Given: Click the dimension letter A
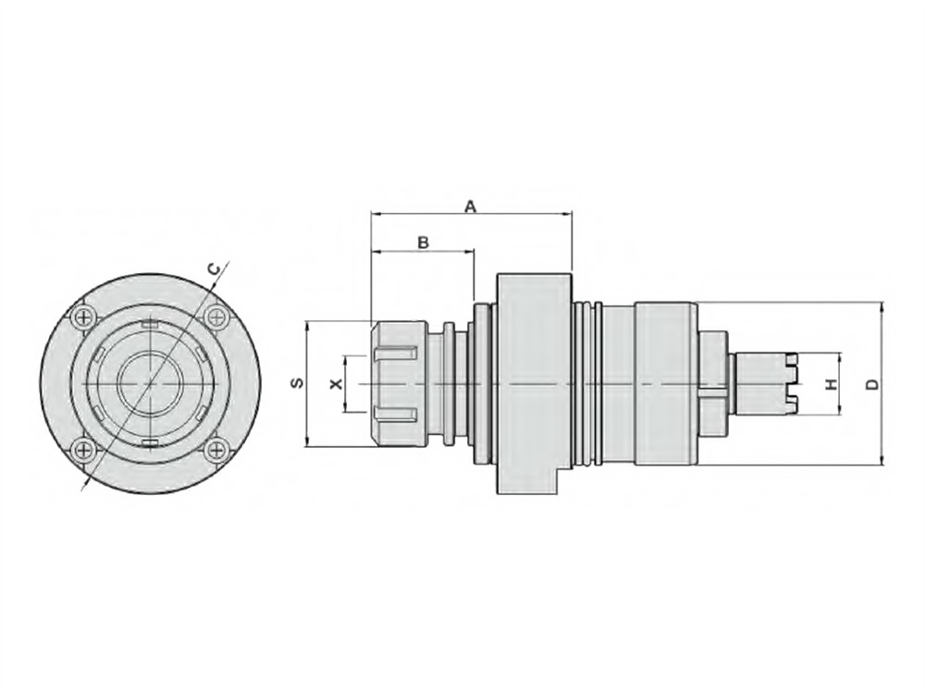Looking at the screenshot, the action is coord(470,206).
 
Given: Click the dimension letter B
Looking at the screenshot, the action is coord(423,242).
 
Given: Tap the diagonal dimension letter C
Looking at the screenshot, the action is coord(215,269).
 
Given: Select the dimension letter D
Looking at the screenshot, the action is coord(873,384).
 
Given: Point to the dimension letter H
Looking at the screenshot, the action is coord(832,385).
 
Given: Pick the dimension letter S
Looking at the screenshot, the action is coord(299,383).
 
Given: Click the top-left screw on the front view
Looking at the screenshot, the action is coord(85,317).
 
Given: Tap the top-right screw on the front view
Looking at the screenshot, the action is coord(216,317).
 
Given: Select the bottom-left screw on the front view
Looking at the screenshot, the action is coord(85,451).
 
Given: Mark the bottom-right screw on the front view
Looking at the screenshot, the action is coord(216,451).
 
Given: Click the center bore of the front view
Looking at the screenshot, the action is coord(151,384).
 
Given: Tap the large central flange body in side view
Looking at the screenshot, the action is coord(535,383).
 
